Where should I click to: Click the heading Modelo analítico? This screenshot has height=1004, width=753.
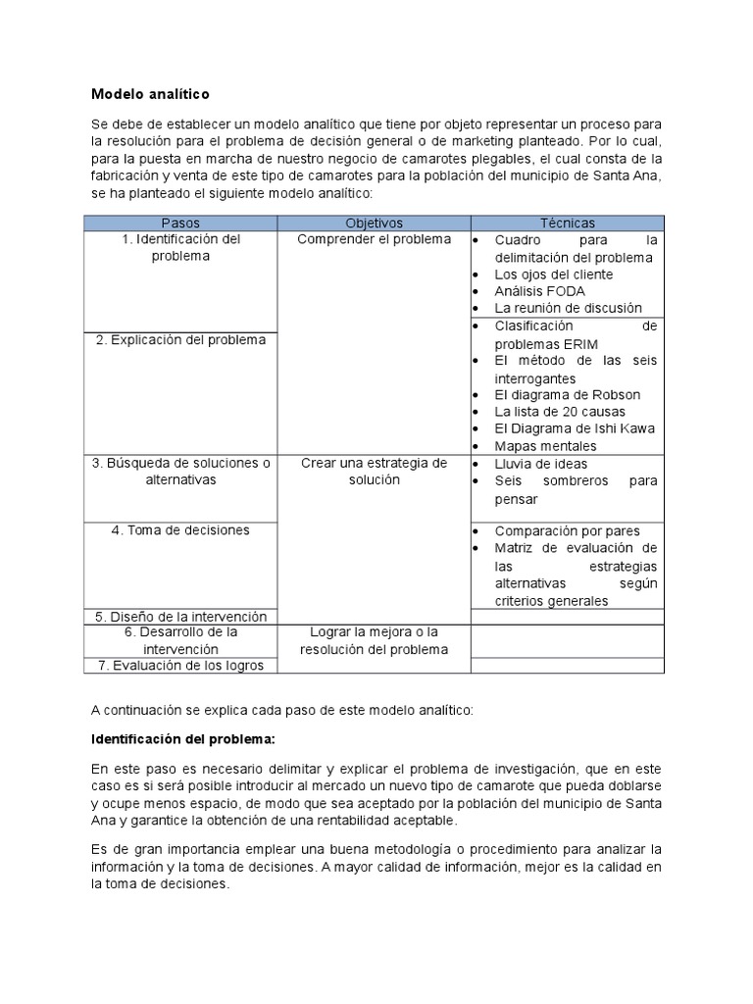pyautogui.click(x=150, y=94)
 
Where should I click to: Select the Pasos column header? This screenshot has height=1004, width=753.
pyautogui.click(x=179, y=224)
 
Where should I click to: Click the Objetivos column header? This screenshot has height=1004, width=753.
pyautogui.click(x=374, y=224)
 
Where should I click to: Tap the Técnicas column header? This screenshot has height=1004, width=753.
pyautogui.click(x=567, y=224)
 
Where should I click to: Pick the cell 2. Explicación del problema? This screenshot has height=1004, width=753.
pyautogui.click(x=180, y=340)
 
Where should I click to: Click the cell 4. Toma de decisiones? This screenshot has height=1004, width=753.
pyautogui.click(x=180, y=530)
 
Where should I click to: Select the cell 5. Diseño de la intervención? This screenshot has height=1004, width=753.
pyautogui.click(x=180, y=617)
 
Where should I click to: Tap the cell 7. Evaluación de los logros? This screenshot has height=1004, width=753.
pyautogui.click(x=180, y=666)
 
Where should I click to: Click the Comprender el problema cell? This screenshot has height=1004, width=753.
pyautogui.click(x=374, y=239)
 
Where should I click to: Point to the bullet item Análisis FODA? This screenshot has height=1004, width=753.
pyautogui.click(x=539, y=291)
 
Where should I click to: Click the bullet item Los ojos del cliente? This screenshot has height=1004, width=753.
pyautogui.click(x=553, y=275)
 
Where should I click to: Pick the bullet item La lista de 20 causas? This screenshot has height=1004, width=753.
pyautogui.click(x=559, y=412)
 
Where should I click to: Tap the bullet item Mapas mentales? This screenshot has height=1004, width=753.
pyautogui.click(x=544, y=446)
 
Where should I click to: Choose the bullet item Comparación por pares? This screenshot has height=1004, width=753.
pyautogui.click(x=567, y=530)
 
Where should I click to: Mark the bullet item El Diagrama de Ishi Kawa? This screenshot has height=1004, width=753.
pyautogui.click(x=575, y=428)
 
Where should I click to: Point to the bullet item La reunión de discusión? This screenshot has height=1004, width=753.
pyautogui.click(x=568, y=308)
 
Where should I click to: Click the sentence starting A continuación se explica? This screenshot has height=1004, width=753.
pyautogui.click(x=281, y=709)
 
